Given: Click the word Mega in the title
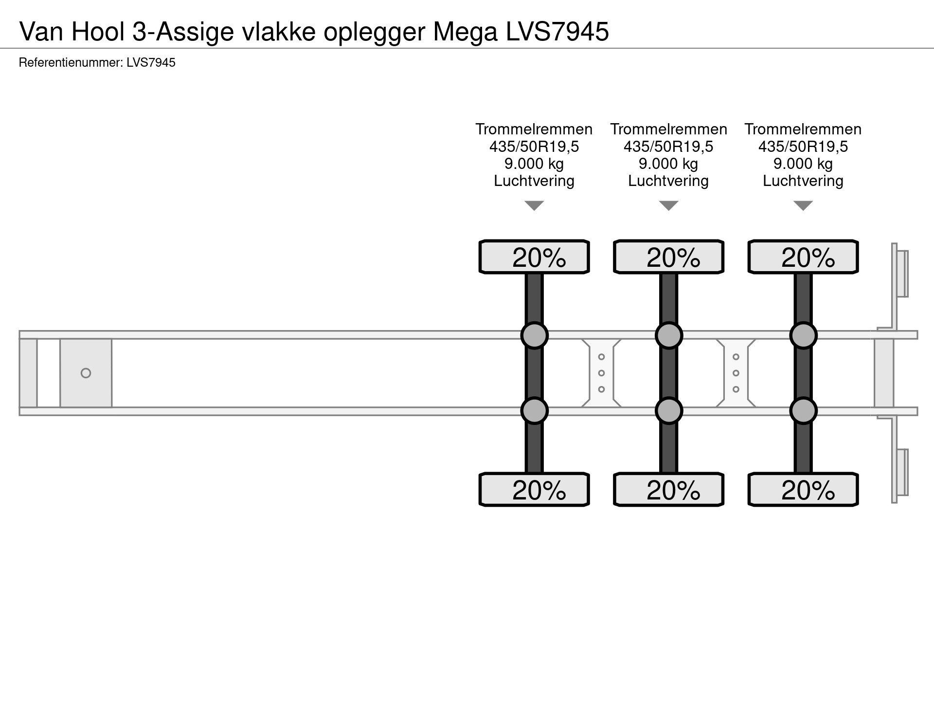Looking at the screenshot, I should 465,32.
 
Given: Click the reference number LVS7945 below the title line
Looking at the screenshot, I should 151,63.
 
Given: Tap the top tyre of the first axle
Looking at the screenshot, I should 534,257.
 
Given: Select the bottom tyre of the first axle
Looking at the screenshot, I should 534,490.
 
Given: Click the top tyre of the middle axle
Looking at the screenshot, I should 668,257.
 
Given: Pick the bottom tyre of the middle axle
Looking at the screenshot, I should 668,490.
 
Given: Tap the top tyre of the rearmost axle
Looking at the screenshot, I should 803,257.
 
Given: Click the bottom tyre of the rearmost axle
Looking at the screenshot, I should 803,490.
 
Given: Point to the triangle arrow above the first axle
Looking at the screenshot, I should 534,206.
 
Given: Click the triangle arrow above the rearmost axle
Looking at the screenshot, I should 803,206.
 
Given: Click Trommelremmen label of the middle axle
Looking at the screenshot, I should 668,129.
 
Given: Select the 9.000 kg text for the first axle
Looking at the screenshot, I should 534,164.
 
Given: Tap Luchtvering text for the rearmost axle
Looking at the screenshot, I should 803,181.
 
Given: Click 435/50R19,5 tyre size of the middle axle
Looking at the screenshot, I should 668,147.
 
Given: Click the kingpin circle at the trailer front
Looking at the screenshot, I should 86,373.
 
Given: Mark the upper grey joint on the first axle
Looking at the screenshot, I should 534,335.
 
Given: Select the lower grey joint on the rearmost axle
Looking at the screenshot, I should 803,411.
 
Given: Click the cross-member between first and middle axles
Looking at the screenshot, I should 601,373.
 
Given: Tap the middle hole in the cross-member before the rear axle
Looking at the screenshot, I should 736,373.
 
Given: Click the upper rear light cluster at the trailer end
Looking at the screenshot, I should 902,274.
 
